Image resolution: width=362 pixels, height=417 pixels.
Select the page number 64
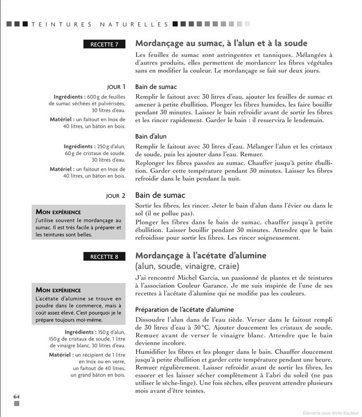click(x=17, y=396)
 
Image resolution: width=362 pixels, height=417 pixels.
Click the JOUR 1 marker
click(x=116, y=86)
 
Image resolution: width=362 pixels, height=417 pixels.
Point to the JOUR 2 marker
click(x=116, y=196)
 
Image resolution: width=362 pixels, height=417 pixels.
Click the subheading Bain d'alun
click(x=150, y=136)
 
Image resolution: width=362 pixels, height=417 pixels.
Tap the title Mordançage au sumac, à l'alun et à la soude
click(x=221, y=43)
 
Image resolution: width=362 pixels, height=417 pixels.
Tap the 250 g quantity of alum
click(x=103, y=146)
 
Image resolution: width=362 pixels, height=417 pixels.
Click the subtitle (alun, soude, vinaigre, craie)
click(x=187, y=266)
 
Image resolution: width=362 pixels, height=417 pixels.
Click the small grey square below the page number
click(x=17, y=404)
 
